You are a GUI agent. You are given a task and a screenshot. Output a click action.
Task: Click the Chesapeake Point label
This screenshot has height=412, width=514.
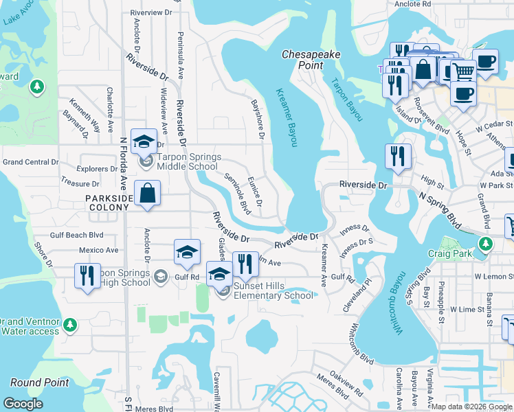(x=302, y=60)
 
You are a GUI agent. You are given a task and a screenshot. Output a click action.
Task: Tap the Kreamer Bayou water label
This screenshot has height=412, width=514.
(x=287, y=117)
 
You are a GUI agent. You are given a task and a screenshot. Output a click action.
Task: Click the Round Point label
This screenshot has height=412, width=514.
(x=39, y=382)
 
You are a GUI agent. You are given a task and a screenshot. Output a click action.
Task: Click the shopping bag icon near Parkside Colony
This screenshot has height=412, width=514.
(x=148, y=194)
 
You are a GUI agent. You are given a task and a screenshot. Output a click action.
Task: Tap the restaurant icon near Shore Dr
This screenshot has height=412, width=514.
(x=87, y=277)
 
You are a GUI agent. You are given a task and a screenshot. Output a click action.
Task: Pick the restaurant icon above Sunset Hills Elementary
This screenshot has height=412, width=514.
(x=245, y=264)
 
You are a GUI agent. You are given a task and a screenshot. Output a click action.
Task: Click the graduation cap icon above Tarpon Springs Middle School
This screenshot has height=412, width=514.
(x=144, y=142)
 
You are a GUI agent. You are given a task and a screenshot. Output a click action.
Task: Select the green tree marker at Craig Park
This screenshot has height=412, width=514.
(x=486, y=243)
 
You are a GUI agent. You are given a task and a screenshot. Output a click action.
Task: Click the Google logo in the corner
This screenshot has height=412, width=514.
(x=23, y=404)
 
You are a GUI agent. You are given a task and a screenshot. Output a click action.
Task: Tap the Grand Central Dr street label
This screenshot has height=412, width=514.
(x=31, y=162)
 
